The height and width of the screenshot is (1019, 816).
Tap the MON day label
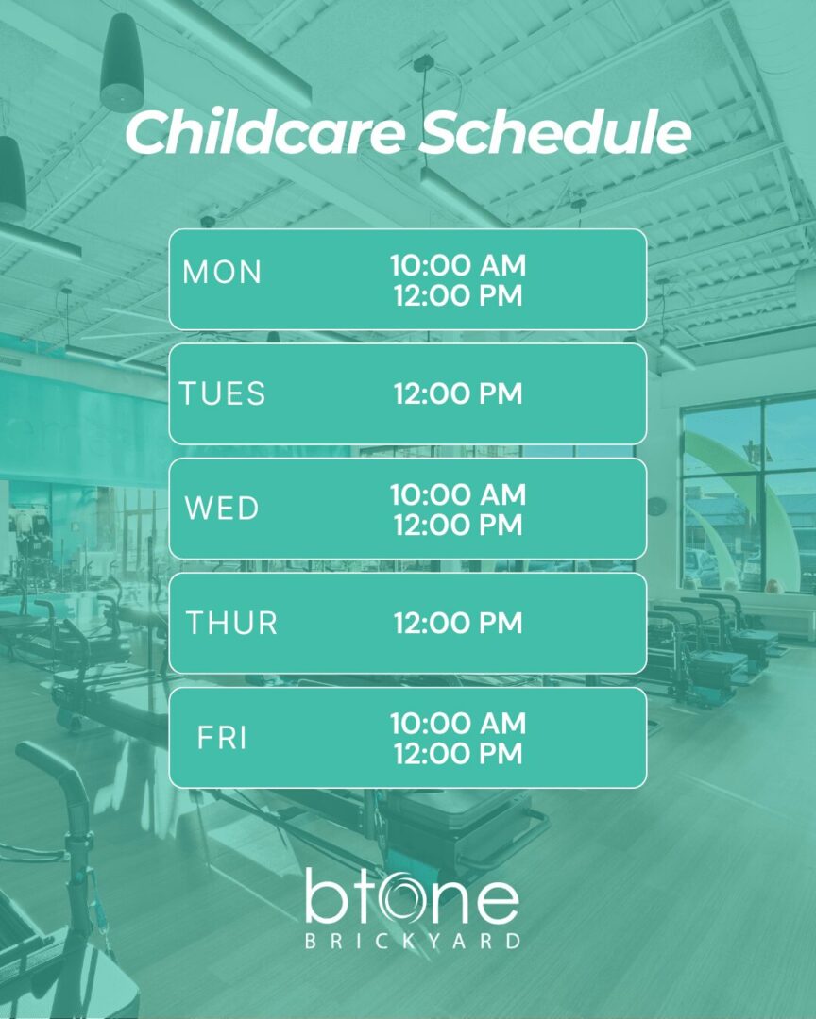tap(222, 273)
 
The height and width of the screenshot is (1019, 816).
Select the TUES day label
tap(223, 393)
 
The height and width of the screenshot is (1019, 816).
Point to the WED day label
tap(222, 509)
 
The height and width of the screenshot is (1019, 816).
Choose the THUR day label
tap(231, 624)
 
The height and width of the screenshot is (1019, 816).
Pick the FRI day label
tap(222, 738)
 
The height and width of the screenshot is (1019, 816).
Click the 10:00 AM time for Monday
tap(458, 265)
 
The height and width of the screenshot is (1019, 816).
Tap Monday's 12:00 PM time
tap(458, 295)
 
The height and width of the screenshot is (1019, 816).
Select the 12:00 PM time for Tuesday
tap(458, 393)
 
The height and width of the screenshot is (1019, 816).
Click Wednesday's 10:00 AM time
tap(458, 494)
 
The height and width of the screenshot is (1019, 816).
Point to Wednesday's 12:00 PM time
tap(458, 526)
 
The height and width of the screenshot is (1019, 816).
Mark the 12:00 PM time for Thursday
tap(458, 624)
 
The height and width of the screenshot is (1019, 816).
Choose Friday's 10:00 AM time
tap(458, 724)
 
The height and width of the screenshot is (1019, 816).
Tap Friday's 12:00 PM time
tap(458, 754)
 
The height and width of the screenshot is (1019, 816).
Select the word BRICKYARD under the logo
tap(414, 941)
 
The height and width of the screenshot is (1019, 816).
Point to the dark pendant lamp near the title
tap(122, 62)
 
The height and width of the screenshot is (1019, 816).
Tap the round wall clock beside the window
tap(657, 506)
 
